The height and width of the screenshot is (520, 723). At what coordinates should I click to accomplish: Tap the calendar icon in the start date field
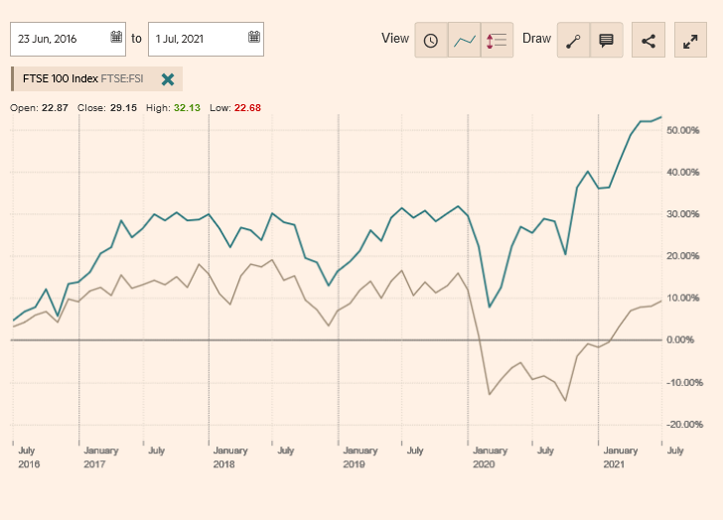(116, 38)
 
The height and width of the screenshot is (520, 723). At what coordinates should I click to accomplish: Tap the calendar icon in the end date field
(254, 38)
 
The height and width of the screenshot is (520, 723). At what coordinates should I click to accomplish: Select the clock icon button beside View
(431, 41)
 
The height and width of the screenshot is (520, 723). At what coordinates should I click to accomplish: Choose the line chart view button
(464, 41)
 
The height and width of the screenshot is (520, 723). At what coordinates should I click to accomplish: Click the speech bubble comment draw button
(606, 41)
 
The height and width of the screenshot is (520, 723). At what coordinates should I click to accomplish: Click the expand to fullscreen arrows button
(689, 41)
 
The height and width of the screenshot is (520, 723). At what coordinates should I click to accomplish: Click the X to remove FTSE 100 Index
(168, 79)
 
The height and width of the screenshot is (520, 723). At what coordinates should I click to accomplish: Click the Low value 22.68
(247, 107)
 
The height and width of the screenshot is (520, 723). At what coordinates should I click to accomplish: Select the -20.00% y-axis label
(683, 425)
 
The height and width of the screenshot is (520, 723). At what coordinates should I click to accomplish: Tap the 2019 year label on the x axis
(355, 464)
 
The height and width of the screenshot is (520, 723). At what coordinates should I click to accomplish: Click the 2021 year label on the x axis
(614, 464)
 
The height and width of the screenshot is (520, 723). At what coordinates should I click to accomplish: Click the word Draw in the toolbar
(536, 39)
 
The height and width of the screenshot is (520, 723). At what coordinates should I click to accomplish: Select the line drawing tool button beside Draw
(573, 41)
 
